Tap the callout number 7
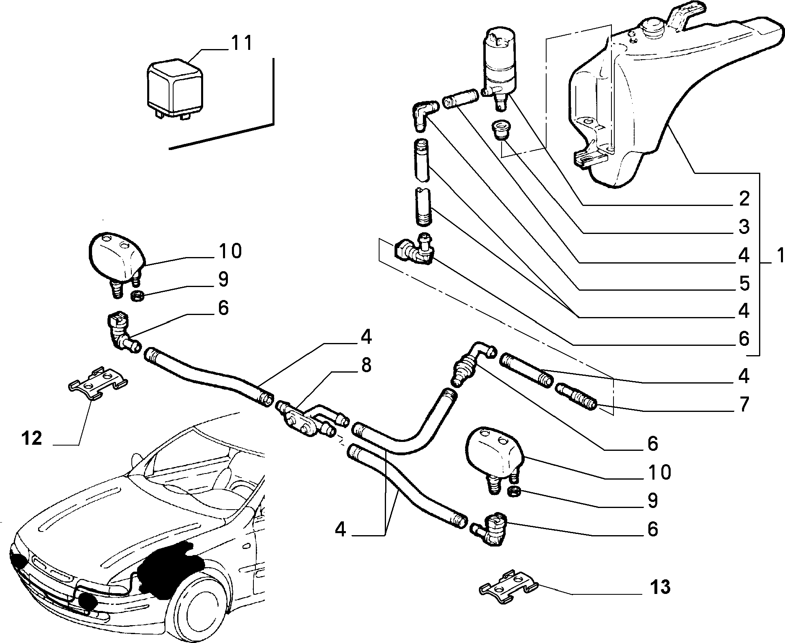click(x=743, y=404)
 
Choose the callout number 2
click(x=744, y=199)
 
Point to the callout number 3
click(x=744, y=227)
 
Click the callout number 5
click(x=744, y=284)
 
